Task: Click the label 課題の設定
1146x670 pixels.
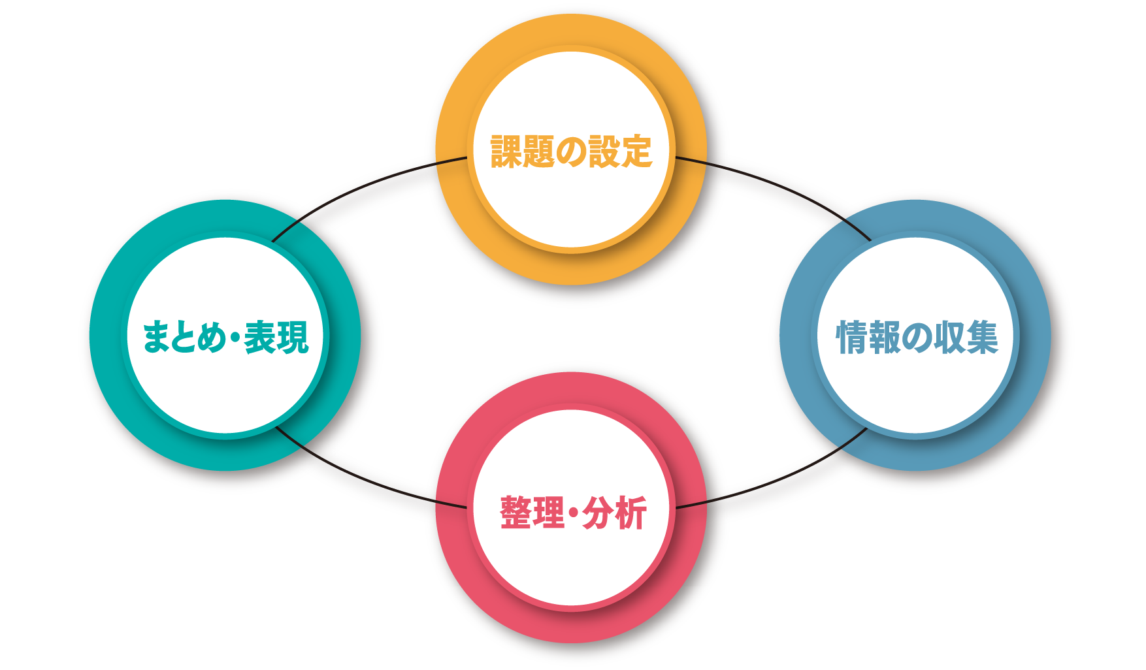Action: coord(571,152)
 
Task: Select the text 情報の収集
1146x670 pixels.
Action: coord(917,338)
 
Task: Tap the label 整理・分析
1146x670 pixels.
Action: coord(573,513)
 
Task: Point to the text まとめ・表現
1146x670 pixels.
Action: coord(225,338)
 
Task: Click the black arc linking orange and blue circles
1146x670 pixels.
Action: coord(778,180)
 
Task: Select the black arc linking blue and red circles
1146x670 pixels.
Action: coord(778,493)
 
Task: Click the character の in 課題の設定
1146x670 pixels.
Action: coord(571,152)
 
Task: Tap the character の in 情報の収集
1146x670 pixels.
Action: coord(917,338)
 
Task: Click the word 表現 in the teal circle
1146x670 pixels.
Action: coord(276,338)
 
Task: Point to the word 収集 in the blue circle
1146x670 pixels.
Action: coord(966,338)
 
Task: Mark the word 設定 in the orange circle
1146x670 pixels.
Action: coord(620,152)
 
